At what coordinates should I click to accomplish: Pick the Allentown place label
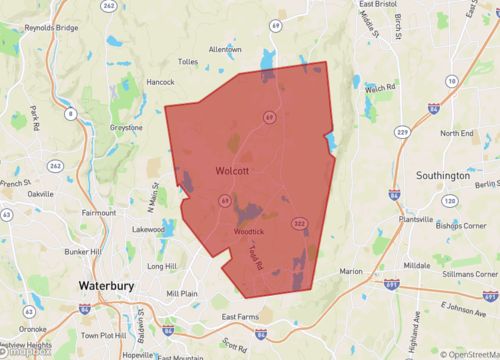pos(225,49)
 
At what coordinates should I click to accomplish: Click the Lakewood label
pos(147,229)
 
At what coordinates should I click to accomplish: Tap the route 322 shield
pos(297,222)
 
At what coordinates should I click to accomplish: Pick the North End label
pos(456,133)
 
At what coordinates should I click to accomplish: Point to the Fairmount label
pos(99,212)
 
